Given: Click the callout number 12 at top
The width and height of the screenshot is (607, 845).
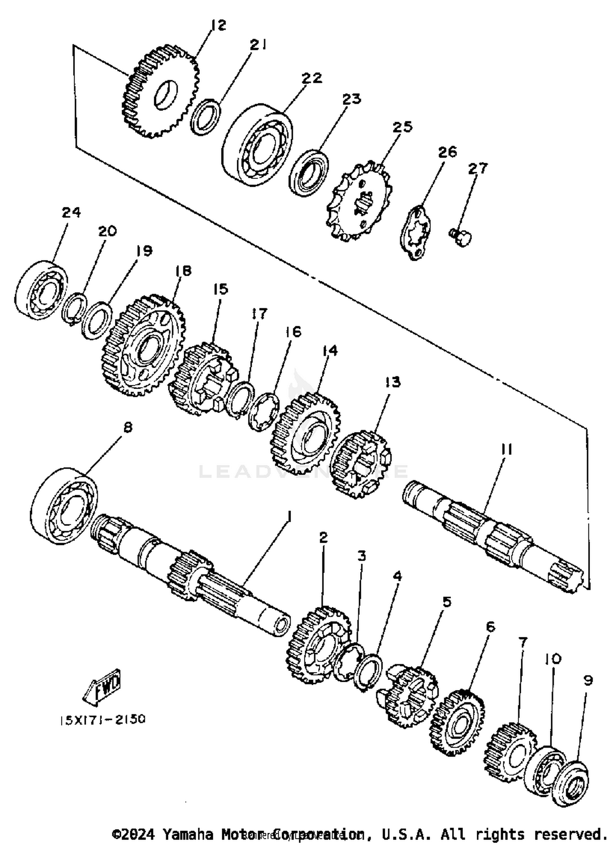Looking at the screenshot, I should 218,25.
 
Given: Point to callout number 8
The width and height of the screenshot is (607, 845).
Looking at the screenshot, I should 127,428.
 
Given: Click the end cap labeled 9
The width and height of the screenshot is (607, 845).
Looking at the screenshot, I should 571,786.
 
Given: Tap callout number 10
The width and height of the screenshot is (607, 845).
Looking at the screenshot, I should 552,659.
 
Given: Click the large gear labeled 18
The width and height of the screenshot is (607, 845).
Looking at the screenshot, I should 142,345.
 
